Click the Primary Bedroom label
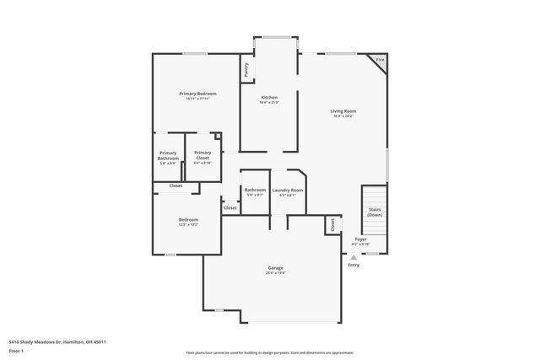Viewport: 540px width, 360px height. click(197, 93)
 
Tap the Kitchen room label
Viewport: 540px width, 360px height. click(268, 97)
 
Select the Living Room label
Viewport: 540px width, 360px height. click(343, 110)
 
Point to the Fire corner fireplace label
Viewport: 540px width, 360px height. click(380, 61)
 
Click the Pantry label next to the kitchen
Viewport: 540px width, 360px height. click(246, 70)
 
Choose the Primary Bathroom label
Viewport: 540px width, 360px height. click(168, 155)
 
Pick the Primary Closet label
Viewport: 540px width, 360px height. click(202, 155)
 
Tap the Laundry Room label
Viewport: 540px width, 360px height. click(287, 190)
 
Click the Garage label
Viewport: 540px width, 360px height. click(276, 268)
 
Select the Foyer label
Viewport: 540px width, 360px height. click(359, 239)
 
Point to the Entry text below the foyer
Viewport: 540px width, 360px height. click(353, 265)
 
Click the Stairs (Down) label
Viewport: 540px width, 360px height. click(374, 212)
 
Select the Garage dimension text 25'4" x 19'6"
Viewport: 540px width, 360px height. click(276, 273)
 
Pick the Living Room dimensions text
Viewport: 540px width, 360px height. click(343, 116)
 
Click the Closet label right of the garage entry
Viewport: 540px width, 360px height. click(332, 225)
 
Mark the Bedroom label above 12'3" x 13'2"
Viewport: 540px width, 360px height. click(187, 219)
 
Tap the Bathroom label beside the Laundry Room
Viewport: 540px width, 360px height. click(255, 190)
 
